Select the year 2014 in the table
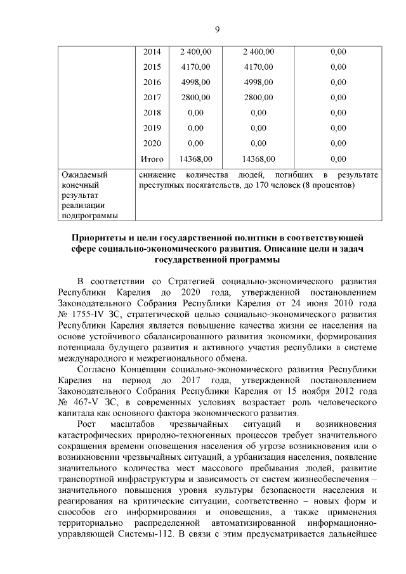(x=152, y=51)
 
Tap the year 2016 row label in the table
(x=152, y=82)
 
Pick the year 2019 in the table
(x=152, y=127)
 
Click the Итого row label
(x=152, y=159)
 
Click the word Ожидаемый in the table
(x=83, y=174)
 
